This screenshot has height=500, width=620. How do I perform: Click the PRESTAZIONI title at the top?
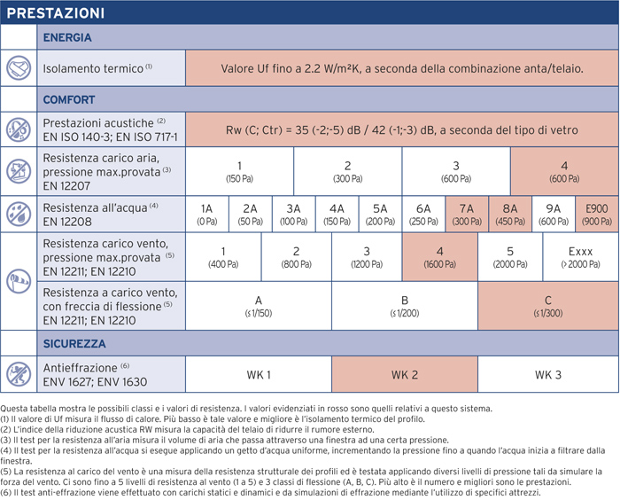tap(55, 13)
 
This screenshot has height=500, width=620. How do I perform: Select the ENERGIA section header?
tap(67, 37)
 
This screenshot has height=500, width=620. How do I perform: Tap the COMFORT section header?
tap(69, 99)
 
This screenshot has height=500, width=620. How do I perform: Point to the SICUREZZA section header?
tap(74, 343)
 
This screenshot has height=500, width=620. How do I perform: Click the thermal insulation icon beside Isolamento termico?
tap(19, 68)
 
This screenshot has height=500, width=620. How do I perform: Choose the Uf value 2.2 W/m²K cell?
tap(402, 68)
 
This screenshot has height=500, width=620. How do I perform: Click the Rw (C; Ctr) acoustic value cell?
tap(402, 129)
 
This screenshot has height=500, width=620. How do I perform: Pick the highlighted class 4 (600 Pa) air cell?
tap(564, 171)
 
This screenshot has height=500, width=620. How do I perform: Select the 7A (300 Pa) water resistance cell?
tap(467, 215)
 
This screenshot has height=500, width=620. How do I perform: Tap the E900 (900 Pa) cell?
tap(597, 215)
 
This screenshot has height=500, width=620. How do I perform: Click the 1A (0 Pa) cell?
tap(206, 215)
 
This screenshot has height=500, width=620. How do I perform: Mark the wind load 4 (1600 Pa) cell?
tap(439, 257)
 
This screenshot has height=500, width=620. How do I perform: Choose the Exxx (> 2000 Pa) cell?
tap(580, 257)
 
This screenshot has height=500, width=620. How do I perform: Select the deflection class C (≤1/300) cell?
tap(548, 306)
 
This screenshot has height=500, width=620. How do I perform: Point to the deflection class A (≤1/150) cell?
tap(259, 306)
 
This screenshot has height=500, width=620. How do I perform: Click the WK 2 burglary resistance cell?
tap(405, 374)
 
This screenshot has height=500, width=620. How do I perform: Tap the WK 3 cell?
tap(548, 374)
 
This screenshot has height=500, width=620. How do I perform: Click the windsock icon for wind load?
tap(19, 281)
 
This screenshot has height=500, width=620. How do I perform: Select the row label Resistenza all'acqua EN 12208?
tap(100, 215)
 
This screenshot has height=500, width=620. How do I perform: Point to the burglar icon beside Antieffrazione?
tap(19, 374)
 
